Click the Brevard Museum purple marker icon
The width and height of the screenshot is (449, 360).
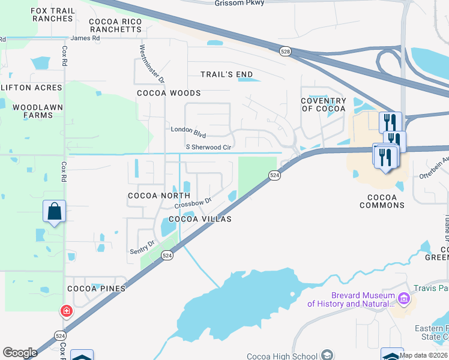pyautogui.click(x=403, y=298)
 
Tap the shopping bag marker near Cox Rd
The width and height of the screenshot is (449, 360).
pyautogui.click(x=54, y=211)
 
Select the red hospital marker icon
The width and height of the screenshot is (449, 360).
pyautogui.click(x=66, y=311)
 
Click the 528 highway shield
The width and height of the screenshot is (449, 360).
pyautogui.click(x=285, y=53)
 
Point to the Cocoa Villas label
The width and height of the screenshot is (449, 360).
pyautogui.click(x=200, y=219)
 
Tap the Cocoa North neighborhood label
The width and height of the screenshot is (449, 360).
pyautogui.click(x=159, y=196)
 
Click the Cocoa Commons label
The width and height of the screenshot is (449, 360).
pyautogui.click(x=382, y=201)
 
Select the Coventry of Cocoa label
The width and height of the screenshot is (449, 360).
pyautogui.click(x=324, y=104)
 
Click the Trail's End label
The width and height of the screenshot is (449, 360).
pyautogui.click(x=227, y=74)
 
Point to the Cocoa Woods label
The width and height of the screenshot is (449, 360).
pyautogui.click(x=169, y=93)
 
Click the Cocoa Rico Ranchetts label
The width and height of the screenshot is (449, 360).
pyautogui.click(x=115, y=25)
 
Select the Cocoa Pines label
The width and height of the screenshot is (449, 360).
pyautogui.click(x=95, y=289)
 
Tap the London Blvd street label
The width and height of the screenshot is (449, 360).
pyautogui.click(x=188, y=130)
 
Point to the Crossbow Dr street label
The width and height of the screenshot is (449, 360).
pyautogui.click(x=194, y=203)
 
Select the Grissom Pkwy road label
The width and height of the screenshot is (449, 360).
pyautogui.click(x=240, y=3)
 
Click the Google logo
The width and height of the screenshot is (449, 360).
pyautogui.click(x=20, y=353)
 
